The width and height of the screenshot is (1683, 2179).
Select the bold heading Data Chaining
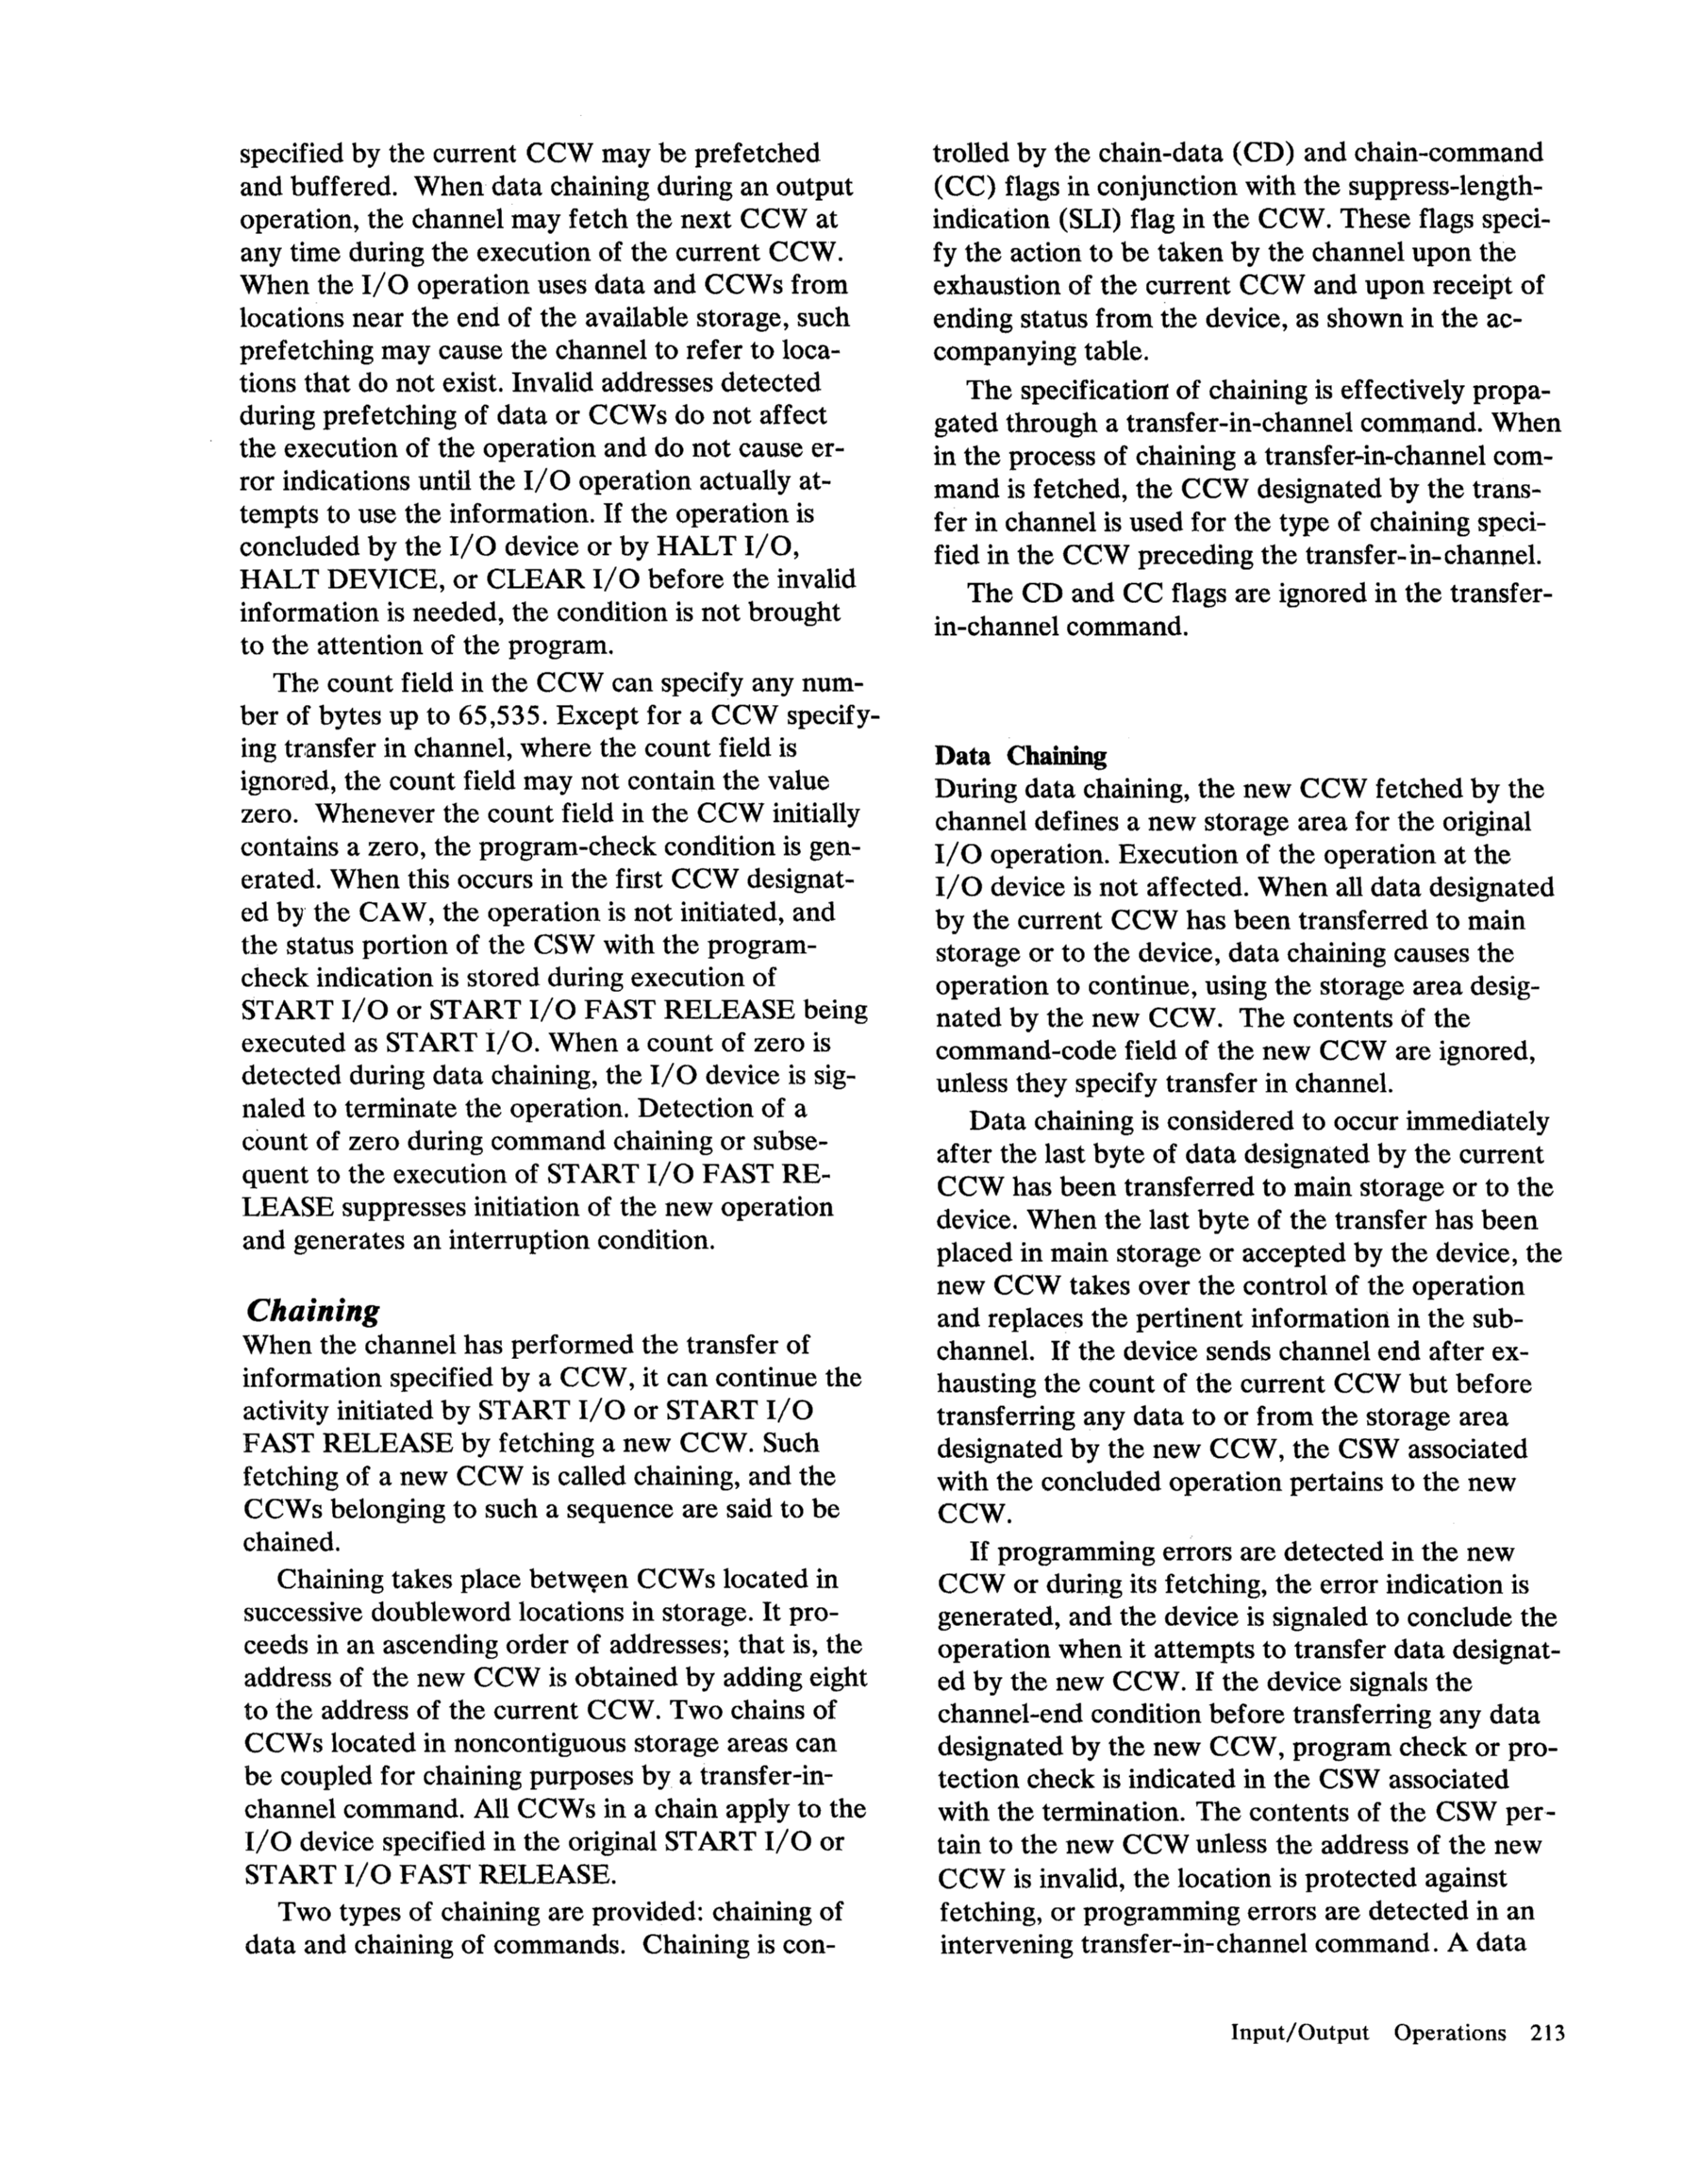click(x=1020, y=756)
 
